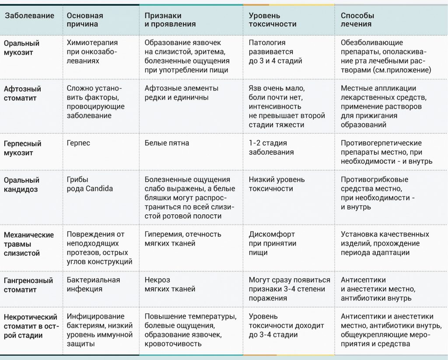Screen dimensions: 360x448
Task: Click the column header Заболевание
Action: tap(29, 16)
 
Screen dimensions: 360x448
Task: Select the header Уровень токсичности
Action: tap(273, 20)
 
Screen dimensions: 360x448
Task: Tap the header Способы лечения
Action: tap(357, 20)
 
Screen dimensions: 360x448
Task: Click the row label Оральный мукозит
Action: tap(21, 48)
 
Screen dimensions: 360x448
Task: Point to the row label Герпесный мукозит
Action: tap(22, 148)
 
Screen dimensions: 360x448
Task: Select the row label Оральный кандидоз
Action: tap(21, 185)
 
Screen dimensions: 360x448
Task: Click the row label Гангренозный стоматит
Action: tap(28, 285)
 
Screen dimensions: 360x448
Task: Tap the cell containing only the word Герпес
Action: tap(78, 143)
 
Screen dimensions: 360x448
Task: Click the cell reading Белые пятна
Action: tap(167, 143)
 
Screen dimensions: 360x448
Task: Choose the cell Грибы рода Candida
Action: tap(90, 184)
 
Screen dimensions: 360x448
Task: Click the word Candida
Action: tap(98, 189)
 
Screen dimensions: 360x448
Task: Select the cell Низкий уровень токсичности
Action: tap(276, 184)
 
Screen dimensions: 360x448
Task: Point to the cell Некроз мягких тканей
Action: tap(170, 284)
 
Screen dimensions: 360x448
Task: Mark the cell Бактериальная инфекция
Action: tap(93, 284)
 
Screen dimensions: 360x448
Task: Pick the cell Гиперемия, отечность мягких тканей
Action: tap(183, 239)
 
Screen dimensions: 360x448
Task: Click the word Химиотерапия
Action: tap(92, 43)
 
